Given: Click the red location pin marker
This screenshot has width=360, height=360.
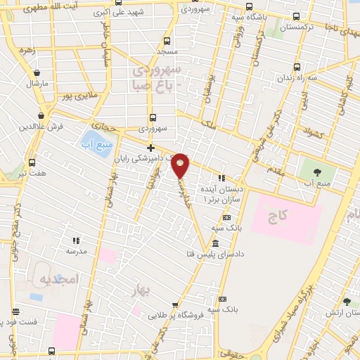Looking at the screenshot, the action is (x=181, y=166).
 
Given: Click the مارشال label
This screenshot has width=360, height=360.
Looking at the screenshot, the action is (x=36, y=83).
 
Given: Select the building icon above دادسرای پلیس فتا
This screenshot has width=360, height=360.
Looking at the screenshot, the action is (x=214, y=243).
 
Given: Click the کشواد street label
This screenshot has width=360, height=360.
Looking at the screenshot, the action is (x=312, y=131).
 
